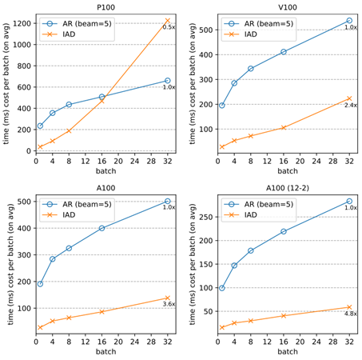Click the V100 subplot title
[284, 6]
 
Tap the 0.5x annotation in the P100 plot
[169, 27]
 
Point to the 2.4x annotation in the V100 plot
[350, 106]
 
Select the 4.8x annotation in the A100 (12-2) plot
[350, 314]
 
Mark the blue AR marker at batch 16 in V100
[284, 52]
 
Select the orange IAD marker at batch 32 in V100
[349, 98]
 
